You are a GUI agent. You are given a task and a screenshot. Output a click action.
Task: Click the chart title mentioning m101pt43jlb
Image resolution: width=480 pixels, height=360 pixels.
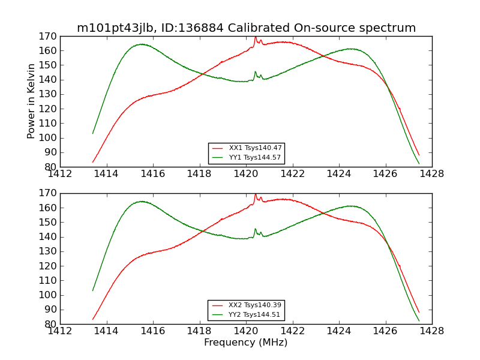pyautogui.click(x=246, y=28)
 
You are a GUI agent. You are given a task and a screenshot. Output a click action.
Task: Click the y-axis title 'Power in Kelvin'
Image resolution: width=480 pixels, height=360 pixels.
pyautogui.click(x=31, y=101)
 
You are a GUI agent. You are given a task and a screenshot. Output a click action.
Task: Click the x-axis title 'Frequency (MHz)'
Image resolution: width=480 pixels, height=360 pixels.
pyautogui.click(x=245, y=343)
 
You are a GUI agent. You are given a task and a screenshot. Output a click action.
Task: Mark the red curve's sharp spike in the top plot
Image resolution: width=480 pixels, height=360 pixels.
pyautogui.click(x=255, y=37)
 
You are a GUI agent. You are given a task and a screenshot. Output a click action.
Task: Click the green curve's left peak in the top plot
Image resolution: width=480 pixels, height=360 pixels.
pyautogui.click(x=141, y=44)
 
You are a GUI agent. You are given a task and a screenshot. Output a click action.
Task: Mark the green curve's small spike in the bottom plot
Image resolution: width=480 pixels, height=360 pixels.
pyautogui.click(x=255, y=229)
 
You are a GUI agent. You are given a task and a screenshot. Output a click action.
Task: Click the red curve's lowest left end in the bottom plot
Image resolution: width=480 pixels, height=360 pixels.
pyautogui.click(x=92, y=319)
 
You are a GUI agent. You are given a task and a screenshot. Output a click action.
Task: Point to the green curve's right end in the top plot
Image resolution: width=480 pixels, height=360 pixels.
pyautogui.click(x=419, y=163)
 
